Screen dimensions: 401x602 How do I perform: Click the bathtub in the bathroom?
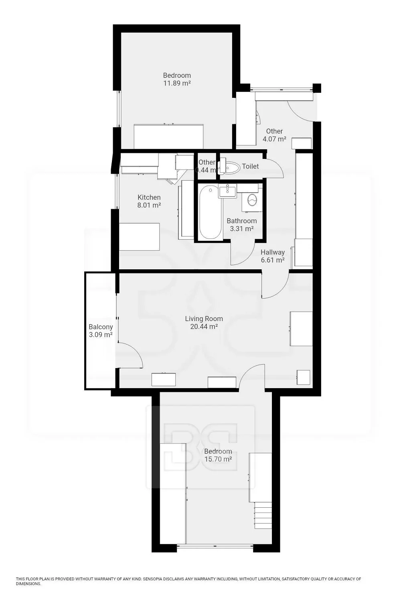[x=211, y=212]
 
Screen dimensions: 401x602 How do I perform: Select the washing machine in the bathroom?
[x=252, y=200]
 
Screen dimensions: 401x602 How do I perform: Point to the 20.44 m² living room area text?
[x=204, y=327]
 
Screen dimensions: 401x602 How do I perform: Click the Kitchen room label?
[x=149, y=197]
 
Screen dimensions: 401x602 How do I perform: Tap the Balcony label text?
[x=101, y=327]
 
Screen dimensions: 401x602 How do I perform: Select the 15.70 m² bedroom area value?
[x=218, y=459]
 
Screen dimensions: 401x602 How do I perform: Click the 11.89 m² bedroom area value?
[x=177, y=83]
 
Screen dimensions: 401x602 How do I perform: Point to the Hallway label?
[x=273, y=252]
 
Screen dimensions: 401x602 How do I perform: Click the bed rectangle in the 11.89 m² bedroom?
[x=168, y=136]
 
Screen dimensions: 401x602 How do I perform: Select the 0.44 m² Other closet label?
[x=207, y=166]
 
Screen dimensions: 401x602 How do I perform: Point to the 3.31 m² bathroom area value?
[x=242, y=229]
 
